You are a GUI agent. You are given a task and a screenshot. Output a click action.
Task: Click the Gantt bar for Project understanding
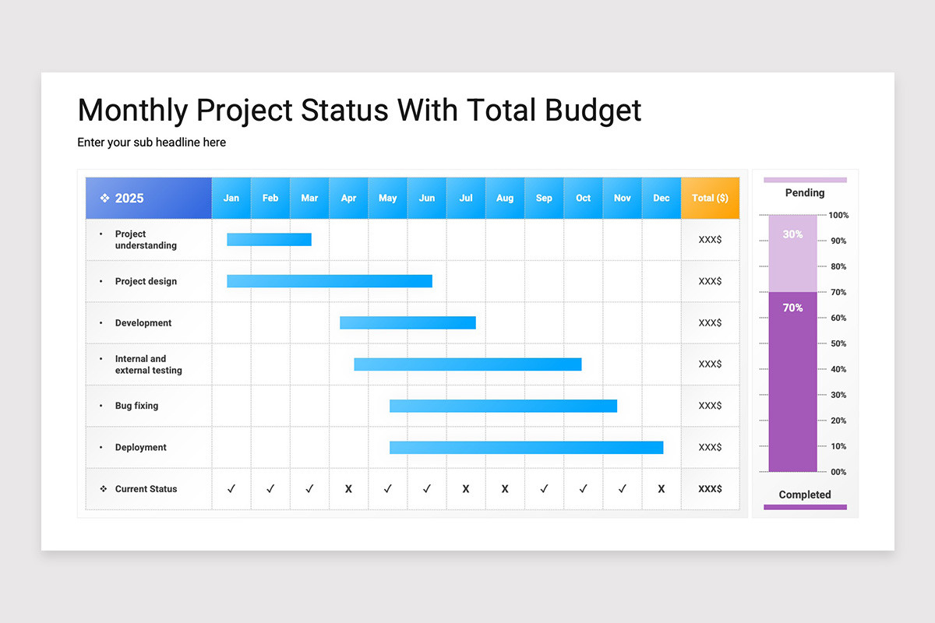click(270, 240)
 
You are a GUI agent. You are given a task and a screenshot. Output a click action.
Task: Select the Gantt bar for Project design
click(330, 281)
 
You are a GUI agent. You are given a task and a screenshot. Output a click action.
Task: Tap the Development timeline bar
click(408, 322)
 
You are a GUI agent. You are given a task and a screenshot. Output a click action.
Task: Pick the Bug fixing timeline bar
click(503, 406)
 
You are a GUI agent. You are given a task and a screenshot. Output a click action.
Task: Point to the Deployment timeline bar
click(527, 447)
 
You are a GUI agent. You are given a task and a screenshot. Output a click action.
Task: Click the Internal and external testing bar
click(468, 364)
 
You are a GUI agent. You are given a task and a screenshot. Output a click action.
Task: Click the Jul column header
click(466, 199)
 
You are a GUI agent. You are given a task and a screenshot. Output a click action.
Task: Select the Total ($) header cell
click(710, 199)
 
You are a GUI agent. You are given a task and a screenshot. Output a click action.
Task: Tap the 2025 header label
click(129, 199)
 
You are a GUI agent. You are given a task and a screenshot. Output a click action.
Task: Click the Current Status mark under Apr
click(348, 489)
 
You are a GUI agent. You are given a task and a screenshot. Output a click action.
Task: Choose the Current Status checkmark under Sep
click(544, 488)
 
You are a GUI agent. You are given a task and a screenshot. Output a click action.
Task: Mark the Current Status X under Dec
click(662, 489)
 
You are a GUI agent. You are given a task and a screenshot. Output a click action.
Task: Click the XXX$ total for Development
click(710, 322)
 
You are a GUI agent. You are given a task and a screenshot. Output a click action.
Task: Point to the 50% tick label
click(838, 344)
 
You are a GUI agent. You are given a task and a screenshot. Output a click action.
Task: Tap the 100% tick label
click(838, 215)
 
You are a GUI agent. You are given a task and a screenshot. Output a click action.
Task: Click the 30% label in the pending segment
click(792, 234)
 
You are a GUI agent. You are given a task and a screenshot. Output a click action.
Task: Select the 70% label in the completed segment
click(792, 308)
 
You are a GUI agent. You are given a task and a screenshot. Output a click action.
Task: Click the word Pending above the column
click(805, 193)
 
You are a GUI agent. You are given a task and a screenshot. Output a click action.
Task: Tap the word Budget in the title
click(593, 111)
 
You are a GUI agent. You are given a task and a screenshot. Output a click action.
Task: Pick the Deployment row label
click(141, 447)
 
